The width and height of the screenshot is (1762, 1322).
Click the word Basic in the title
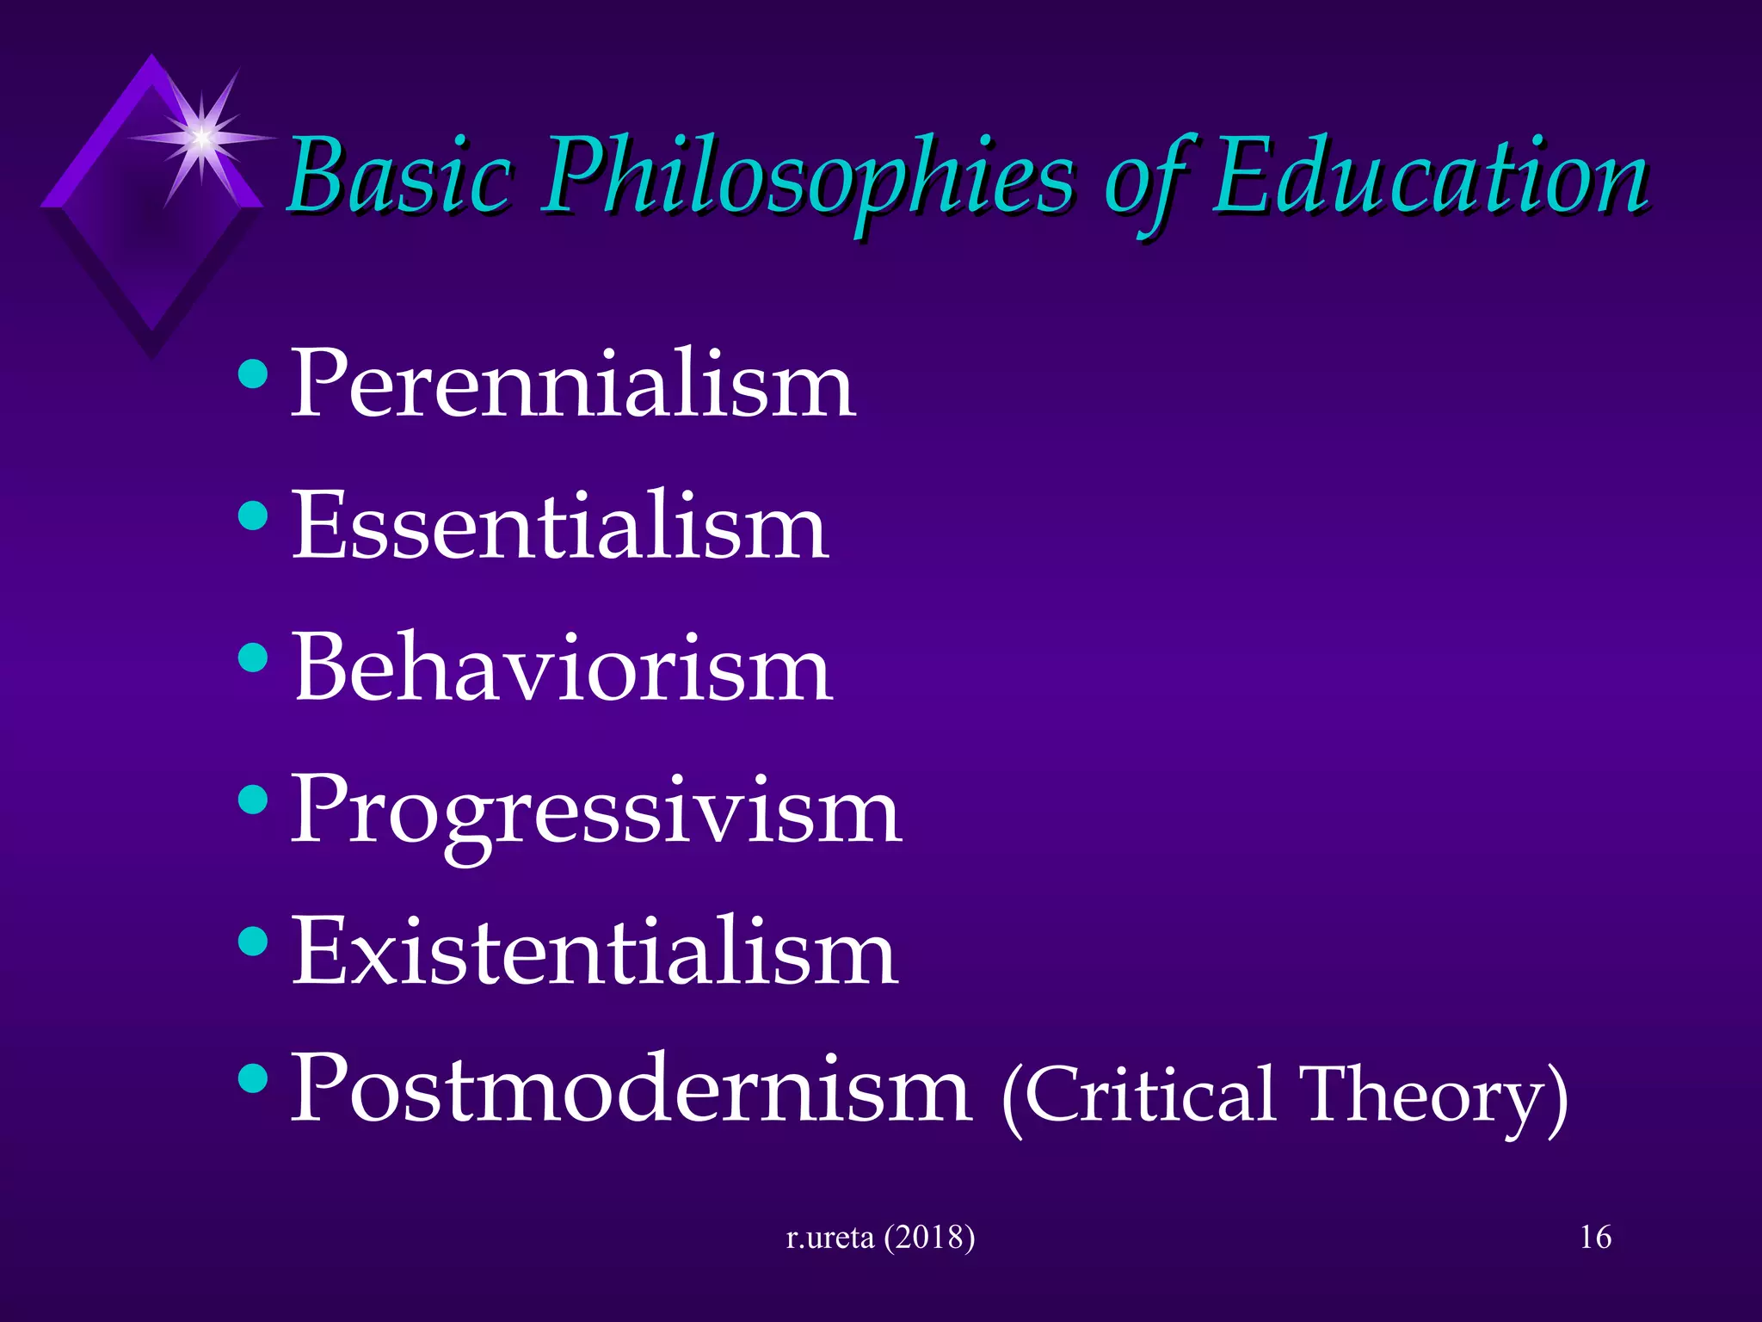[x=400, y=176]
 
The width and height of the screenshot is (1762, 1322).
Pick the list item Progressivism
[x=596, y=813]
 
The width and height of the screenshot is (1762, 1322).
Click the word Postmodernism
[x=631, y=1089]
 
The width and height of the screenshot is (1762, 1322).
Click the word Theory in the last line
[x=1428, y=1097]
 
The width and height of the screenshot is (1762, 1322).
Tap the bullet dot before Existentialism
[x=253, y=942]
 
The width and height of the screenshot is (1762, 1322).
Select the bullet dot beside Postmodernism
[x=253, y=1078]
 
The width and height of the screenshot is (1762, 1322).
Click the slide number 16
[x=1595, y=1238]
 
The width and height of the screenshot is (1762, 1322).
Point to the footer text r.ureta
[x=829, y=1238]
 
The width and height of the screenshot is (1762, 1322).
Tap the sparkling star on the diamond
[x=201, y=136]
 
